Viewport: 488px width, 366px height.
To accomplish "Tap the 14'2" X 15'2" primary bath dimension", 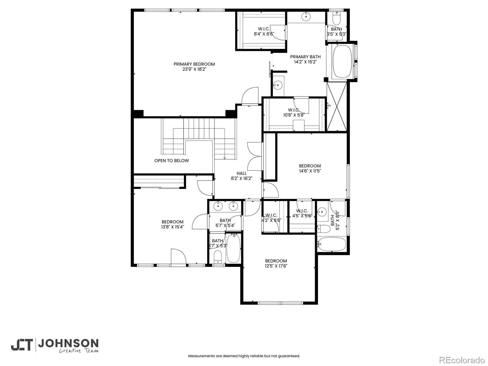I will coord(305,62).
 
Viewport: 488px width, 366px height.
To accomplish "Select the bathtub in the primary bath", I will coord(342,62).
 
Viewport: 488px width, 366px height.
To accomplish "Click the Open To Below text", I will coord(171,161).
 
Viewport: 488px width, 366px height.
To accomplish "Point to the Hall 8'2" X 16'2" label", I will coord(241,176).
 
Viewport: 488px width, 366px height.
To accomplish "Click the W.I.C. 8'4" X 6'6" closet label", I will coord(264,31).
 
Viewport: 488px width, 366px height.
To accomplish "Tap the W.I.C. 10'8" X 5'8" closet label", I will coord(294,112).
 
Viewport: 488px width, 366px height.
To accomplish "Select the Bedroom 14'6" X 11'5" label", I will coord(310,168).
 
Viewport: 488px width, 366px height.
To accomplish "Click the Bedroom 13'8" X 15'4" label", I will coord(172,224).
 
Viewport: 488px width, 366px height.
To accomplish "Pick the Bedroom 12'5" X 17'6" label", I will coord(276,263).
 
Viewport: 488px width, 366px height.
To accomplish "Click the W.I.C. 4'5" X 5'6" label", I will coord(302,213).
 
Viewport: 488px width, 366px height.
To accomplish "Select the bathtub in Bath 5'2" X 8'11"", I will coord(332,244).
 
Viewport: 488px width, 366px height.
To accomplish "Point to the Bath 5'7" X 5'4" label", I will coord(225,223).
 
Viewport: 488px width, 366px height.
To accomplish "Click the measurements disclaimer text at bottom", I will coord(244,356).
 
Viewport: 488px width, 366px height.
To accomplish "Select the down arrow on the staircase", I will coord(225,157).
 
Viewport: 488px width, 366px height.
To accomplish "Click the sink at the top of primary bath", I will coord(306,17).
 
